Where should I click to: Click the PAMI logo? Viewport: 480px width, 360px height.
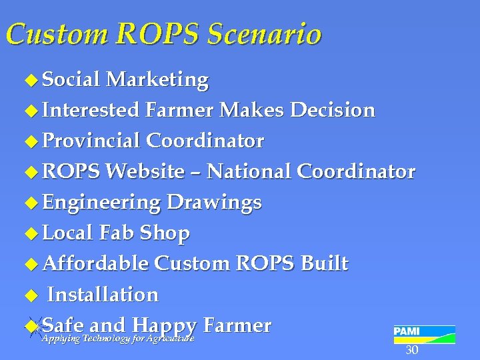pos(424,334)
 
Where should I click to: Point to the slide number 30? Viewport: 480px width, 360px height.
pos(412,351)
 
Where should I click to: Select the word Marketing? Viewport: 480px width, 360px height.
pos(157,80)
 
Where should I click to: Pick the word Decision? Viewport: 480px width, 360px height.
pos(334,110)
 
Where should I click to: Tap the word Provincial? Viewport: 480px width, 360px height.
pos(91,141)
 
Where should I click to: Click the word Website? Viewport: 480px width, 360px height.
pos(145,171)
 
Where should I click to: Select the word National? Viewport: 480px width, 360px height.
pos(249,171)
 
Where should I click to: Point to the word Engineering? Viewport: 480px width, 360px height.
pos(101,202)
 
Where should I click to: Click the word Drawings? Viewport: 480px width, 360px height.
pos(214,202)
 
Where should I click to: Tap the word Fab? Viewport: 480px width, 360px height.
pos(119,233)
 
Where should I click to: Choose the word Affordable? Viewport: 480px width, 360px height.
pos(95,263)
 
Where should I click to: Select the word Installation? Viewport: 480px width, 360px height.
pos(103,294)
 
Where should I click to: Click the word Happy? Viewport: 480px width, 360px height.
pos(164,326)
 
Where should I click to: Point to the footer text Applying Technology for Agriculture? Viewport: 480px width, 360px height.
pos(117,339)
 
